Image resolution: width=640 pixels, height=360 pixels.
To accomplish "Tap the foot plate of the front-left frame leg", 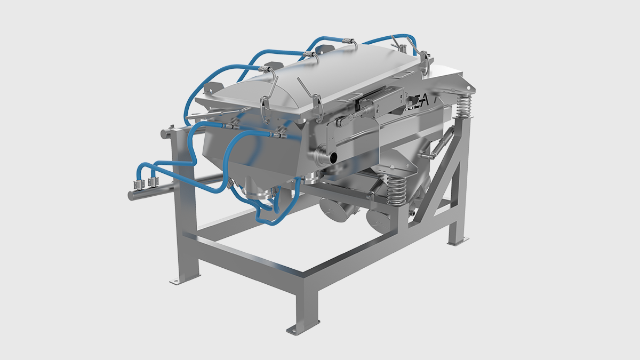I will (176, 279).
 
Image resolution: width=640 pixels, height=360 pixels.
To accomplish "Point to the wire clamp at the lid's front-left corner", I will (266, 104).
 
